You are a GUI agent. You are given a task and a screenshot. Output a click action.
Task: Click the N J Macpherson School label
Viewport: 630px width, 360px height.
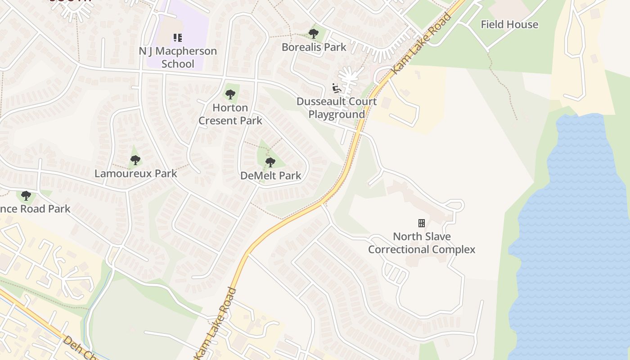(x=178, y=57)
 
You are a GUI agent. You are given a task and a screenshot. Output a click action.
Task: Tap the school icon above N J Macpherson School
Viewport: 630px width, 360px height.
(x=178, y=37)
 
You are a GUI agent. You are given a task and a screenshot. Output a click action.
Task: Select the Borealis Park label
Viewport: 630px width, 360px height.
(x=314, y=47)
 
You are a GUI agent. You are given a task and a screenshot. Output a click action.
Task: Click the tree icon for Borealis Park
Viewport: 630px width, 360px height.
(x=314, y=33)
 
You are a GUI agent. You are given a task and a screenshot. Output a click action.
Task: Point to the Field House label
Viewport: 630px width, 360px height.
(x=509, y=24)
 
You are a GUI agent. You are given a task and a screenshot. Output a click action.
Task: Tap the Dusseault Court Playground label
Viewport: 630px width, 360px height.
(x=337, y=108)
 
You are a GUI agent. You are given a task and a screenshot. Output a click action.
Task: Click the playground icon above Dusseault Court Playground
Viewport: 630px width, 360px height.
(x=337, y=88)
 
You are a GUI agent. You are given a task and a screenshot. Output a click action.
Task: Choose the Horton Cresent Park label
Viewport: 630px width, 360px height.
(x=230, y=114)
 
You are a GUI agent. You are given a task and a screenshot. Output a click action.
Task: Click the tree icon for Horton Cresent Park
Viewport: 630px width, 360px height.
(x=230, y=94)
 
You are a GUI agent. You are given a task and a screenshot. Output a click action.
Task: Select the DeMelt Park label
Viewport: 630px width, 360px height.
(x=270, y=175)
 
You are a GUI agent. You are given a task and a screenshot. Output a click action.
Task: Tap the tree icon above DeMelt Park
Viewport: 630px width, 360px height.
(x=270, y=162)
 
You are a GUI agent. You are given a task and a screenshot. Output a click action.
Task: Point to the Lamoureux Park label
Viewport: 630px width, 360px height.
(x=135, y=173)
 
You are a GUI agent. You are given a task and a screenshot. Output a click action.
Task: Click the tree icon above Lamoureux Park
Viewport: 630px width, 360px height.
(x=135, y=160)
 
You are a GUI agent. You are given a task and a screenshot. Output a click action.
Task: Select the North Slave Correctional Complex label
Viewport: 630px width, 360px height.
(x=422, y=243)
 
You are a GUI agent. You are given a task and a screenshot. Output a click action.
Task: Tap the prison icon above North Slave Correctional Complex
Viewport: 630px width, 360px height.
(x=422, y=223)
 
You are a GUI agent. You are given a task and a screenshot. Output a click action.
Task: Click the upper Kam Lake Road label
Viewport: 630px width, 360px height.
(x=422, y=44)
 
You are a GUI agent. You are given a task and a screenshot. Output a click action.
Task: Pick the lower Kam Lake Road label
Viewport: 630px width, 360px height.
(x=216, y=323)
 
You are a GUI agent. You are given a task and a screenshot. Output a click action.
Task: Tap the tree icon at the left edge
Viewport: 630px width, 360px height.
(x=26, y=195)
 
